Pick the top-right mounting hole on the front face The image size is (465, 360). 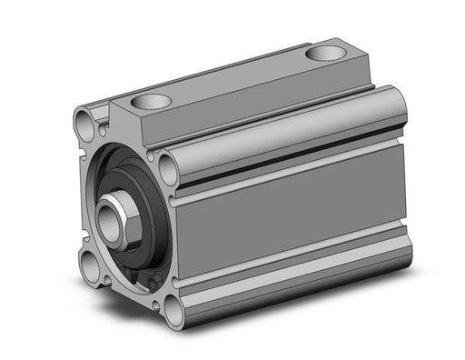point(169,166)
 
